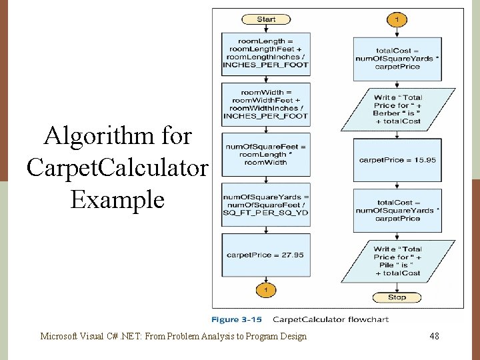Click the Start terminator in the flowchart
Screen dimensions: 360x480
coord(265,19)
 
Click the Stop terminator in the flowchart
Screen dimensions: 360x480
coord(397,297)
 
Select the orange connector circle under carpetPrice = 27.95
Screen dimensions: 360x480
coord(265,290)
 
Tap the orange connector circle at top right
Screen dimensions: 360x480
coord(397,19)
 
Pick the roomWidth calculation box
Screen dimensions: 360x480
coord(265,104)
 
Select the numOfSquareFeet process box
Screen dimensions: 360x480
coord(265,154)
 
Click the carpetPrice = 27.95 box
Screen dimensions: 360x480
coord(265,255)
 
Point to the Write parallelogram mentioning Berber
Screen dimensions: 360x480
coord(397,109)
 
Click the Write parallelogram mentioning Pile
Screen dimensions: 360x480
coord(397,261)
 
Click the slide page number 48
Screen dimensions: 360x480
coord(434,337)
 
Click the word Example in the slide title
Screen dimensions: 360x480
coord(117,199)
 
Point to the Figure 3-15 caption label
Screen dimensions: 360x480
coord(237,319)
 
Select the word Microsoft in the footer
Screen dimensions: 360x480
coord(59,337)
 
